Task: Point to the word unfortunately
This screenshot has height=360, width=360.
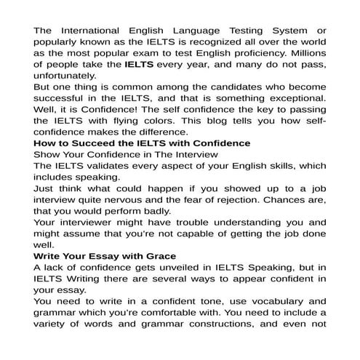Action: tap(68, 75)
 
